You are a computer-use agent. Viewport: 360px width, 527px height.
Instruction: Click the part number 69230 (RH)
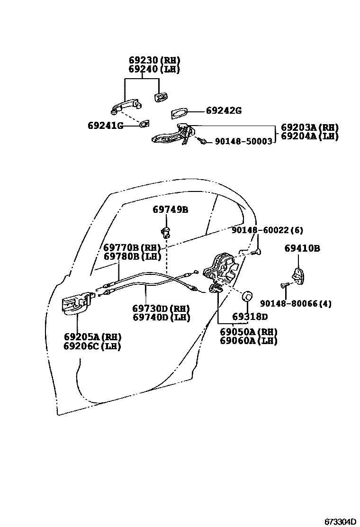(154, 60)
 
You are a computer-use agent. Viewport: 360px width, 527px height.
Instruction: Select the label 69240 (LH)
(154, 69)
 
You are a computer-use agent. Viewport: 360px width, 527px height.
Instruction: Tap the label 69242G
(224, 111)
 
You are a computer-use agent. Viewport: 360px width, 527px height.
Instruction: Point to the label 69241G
(105, 126)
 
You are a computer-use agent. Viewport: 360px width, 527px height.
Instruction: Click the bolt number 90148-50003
(243, 141)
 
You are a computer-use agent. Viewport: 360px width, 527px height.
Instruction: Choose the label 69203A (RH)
(310, 127)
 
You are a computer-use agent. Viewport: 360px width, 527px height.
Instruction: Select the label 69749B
(170, 209)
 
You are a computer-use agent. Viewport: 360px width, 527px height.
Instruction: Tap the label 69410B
(302, 248)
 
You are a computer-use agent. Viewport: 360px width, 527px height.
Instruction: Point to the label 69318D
(250, 317)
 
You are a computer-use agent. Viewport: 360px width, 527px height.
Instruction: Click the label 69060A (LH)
(249, 340)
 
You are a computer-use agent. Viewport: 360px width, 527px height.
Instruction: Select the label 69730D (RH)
(161, 309)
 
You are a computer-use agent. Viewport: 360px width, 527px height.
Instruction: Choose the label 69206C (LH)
(92, 346)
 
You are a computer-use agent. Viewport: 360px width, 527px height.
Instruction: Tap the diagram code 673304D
(340, 521)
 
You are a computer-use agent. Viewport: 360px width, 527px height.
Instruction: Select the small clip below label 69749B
(165, 231)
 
